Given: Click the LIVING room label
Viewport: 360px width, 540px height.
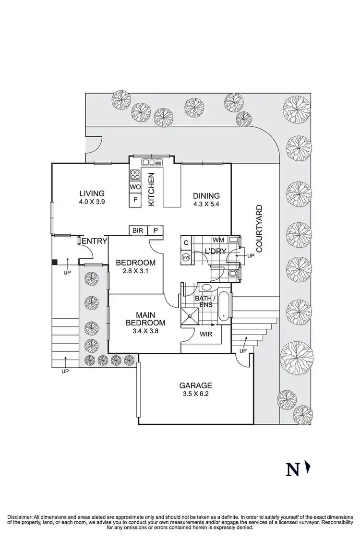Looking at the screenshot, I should tap(92, 193).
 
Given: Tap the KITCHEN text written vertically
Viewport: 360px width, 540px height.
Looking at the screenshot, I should tap(151, 190).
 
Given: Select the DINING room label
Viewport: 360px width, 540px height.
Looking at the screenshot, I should tap(206, 195).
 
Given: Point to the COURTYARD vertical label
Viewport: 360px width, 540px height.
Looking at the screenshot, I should tap(259, 229).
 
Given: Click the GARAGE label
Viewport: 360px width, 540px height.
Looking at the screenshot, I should tap(195, 385).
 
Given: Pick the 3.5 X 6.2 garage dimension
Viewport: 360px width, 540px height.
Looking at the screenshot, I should tap(195, 394).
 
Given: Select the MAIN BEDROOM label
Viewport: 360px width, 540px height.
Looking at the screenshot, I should tap(145, 318).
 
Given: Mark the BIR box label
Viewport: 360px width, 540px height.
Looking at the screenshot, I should tap(138, 230).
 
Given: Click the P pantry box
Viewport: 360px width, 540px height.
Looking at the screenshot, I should tap(156, 230).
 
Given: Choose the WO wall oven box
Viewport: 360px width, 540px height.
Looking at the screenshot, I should tap(135, 187).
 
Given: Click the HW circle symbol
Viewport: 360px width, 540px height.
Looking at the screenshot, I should tap(186, 258).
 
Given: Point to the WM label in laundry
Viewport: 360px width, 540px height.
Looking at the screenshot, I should tap(218, 239).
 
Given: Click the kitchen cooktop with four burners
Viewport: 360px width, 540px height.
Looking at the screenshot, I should tap(135, 174).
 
